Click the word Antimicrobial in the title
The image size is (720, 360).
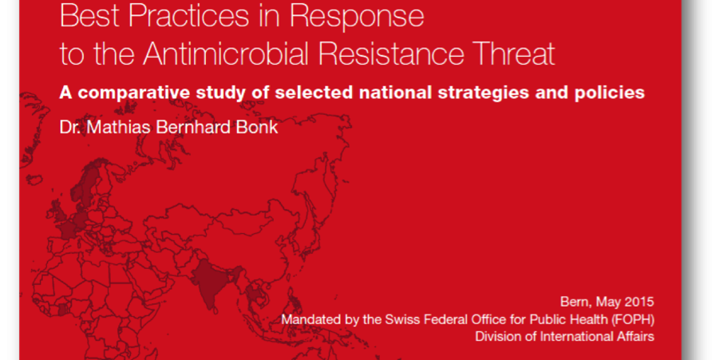pos(227,54)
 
